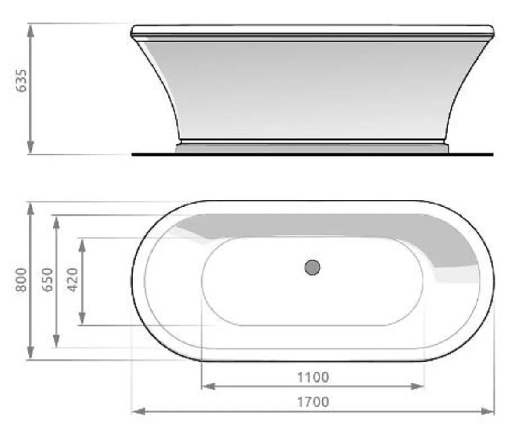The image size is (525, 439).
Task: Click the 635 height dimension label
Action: (21, 81)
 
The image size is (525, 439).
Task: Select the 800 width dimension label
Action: (21, 280)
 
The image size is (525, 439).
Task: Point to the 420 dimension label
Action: (73, 280)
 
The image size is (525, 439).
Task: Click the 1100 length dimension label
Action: (313, 377)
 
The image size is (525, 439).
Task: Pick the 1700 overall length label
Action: (313, 402)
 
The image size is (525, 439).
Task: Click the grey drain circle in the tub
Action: (312, 267)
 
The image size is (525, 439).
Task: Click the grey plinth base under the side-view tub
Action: (311, 149)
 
